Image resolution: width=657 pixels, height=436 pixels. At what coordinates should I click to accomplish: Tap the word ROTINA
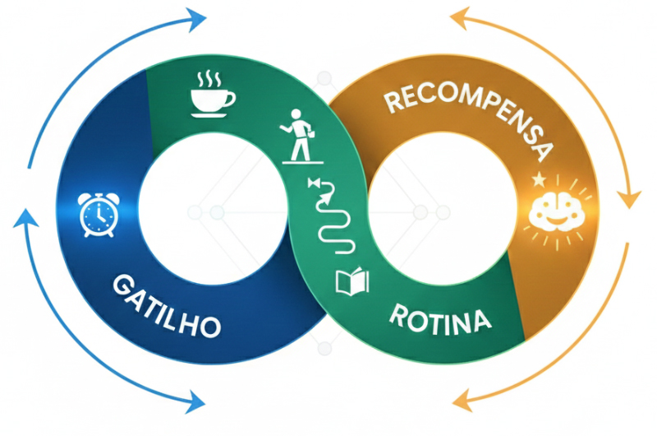coord(439,317)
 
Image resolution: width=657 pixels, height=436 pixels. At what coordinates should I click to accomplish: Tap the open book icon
coord(352,282)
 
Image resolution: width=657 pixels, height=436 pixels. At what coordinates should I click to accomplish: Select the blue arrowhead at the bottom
coord(195,401)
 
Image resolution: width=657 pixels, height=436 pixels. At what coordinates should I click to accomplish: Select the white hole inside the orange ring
coord(443,212)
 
